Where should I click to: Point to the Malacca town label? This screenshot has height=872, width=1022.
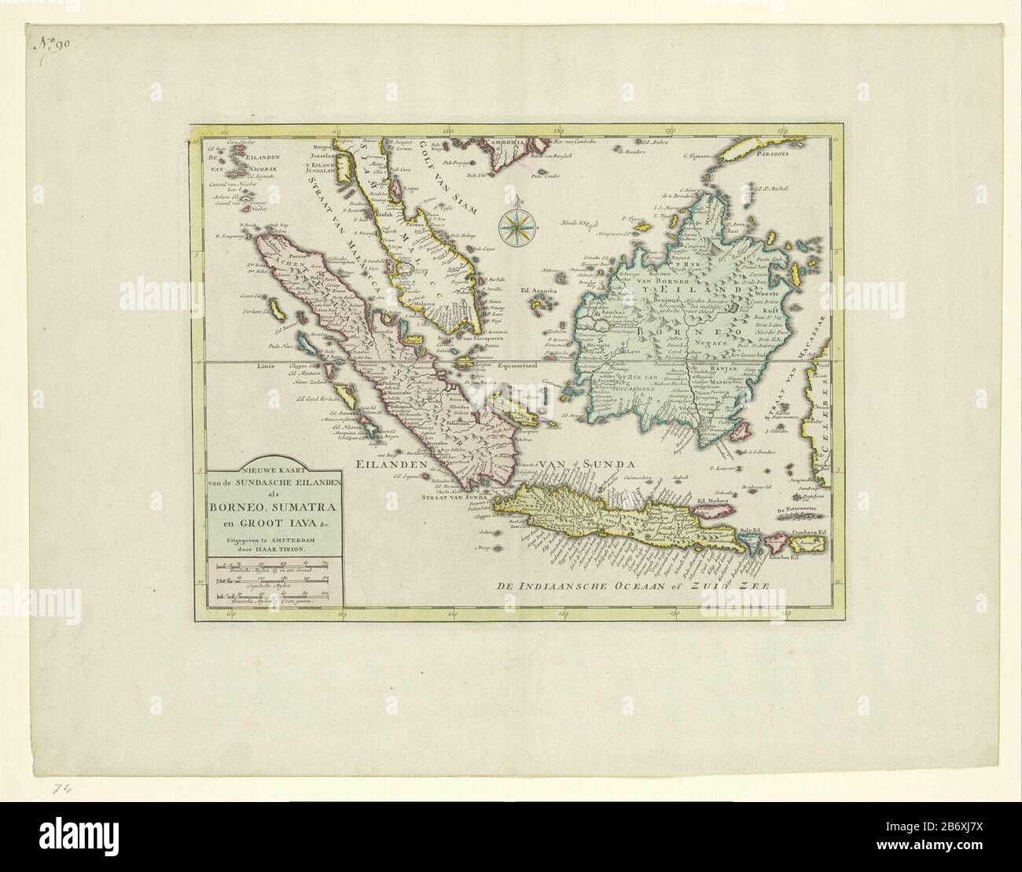[425, 300]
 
